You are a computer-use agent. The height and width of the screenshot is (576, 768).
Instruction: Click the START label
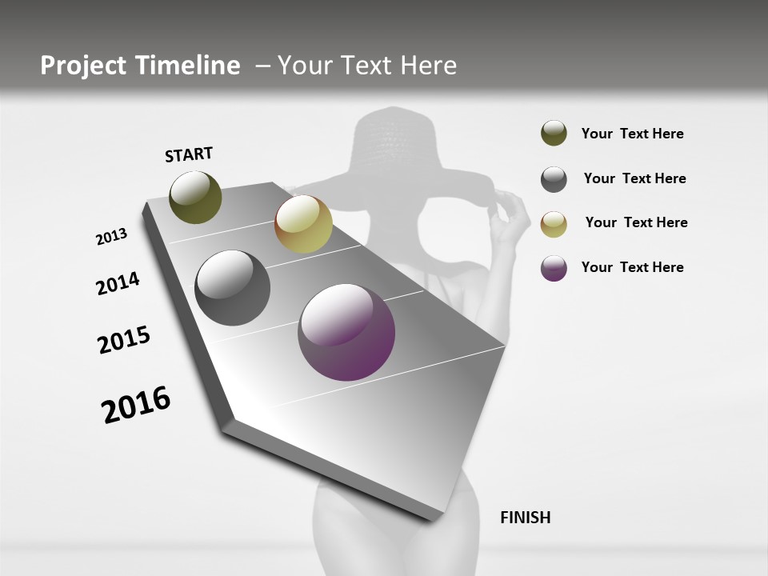[189, 154]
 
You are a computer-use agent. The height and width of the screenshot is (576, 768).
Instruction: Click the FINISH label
[525, 518]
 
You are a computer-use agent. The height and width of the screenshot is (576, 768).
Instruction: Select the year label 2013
[111, 237]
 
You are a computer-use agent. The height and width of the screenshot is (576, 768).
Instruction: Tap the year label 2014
[118, 283]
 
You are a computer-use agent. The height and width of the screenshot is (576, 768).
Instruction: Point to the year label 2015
[124, 340]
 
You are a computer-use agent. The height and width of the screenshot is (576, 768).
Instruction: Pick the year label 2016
[136, 405]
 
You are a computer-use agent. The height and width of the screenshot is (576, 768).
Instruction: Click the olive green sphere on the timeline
[195, 197]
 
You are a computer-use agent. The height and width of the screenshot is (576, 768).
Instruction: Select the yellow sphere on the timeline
[303, 224]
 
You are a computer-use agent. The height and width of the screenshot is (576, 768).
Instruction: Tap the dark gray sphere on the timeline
[232, 287]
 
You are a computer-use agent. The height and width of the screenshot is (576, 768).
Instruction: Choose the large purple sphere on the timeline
[346, 332]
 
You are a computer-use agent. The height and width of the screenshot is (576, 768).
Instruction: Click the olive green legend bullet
[554, 133]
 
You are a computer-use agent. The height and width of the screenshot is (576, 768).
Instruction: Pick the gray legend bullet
[554, 179]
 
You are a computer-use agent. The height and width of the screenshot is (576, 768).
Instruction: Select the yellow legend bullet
[554, 224]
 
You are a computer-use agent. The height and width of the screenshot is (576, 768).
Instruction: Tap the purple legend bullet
[554, 268]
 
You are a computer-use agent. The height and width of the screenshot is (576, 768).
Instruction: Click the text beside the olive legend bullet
[632, 134]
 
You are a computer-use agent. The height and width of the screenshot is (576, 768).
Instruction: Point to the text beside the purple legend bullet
[632, 267]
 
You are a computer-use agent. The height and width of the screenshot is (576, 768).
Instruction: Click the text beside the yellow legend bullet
[636, 222]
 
